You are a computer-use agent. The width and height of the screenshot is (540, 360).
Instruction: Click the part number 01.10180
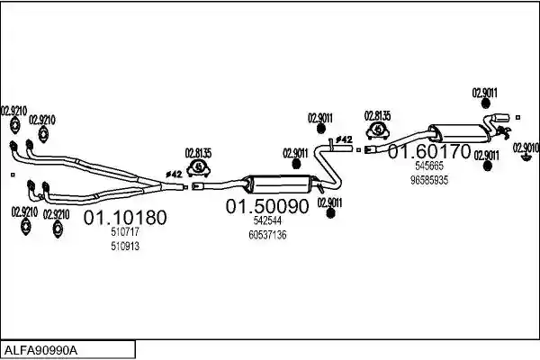click(x=125, y=218)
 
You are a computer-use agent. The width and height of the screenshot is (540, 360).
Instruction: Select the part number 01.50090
click(x=267, y=206)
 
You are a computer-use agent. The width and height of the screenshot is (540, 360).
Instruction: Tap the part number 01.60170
click(x=429, y=151)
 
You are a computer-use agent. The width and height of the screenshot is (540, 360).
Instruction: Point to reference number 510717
click(x=125, y=232)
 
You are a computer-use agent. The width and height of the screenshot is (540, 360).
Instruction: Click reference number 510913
click(x=125, y=246)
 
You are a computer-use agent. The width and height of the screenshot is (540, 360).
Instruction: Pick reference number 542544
click(x=267, y=220)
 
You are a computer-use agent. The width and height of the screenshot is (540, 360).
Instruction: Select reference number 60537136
click(x=267, y=235)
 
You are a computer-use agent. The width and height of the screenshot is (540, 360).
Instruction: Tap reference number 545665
click(x=429, y=166)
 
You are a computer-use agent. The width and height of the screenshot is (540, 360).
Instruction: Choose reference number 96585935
click(x=429, y=180)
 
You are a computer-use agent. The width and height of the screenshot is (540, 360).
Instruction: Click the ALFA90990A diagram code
click(x=41, y=351)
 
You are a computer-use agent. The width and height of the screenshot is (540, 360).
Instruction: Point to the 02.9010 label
click(x=526, y=148)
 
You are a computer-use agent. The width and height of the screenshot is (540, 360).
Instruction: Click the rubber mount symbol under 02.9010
click(x=526, y=157)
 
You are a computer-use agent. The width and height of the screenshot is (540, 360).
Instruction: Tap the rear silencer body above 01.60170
click(x=457, y=133)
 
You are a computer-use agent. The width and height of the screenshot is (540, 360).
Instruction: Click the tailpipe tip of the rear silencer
click(x=502, y=117)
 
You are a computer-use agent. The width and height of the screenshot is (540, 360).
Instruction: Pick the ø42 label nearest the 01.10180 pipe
click(x=174, y=175)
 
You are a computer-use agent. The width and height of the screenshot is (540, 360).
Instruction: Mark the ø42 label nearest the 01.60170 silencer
click(x=344, y=139)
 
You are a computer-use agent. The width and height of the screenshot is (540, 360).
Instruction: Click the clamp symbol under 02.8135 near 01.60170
click(x=377, y=130)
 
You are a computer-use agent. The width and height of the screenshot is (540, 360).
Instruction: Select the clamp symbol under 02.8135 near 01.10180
click(x=198, y=168)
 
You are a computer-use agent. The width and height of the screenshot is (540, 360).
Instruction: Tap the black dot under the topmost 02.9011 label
click(x=485, y=103)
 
